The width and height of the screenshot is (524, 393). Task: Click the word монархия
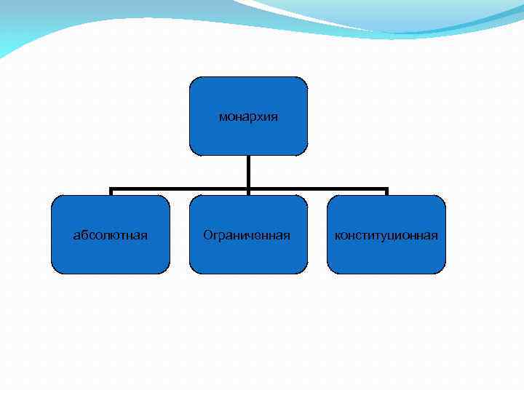pyautogui.click(x=248, y=116)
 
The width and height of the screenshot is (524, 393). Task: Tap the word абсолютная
pyautogui.click(x=111, y=235)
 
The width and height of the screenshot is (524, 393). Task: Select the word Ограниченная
pyautogui.click(x=247, y=235)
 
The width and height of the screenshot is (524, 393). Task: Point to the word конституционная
pyautogui.click(x=386, y=235)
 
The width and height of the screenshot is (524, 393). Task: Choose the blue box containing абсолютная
pyautogui.click(x=111, y=255)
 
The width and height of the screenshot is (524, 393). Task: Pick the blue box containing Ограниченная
pyautogui.click(x=248, y=255)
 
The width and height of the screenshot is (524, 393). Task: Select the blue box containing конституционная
pyautogui.click(x=386, y=255)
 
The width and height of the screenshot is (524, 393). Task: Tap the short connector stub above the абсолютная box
pyautogui.click(x=111, y=192)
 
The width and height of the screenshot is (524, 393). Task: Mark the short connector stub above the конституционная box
pyautogui.click(x=386, y=192)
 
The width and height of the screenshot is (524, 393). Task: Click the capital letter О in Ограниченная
pyautogui.click(x=208, y=235)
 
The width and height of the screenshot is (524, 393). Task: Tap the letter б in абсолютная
pyautogui.click(x=84, y=235)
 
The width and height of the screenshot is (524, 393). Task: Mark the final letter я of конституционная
pyautogui.click(x=434, y=235)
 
